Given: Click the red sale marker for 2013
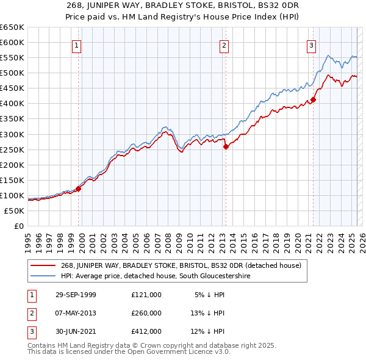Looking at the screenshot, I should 225,146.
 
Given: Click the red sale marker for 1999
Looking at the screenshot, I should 79,189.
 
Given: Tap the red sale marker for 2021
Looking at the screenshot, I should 313,99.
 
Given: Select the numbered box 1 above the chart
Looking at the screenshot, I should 77,45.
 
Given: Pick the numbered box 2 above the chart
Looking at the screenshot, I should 224,45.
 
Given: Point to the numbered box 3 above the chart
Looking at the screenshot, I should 311,45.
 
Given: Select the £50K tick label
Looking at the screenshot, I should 15,211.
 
